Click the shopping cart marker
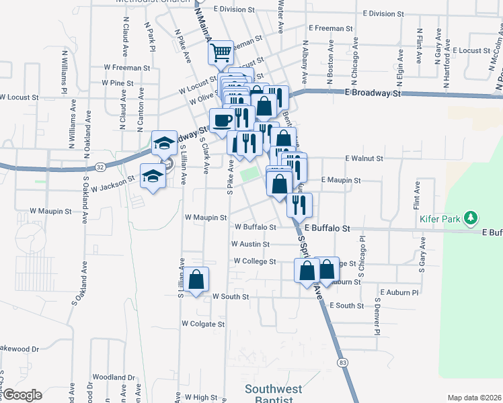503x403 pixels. [221, 52]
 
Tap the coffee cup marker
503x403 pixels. [222, 120]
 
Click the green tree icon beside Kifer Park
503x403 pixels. [472, 218]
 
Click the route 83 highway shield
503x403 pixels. [343, 363]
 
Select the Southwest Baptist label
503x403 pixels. [273, 394]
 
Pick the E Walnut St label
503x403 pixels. [364, 159]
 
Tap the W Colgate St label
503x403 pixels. [202, 324]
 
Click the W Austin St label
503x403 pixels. [250, 244]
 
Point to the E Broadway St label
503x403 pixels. [373, 93]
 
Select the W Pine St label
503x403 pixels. [118, 83]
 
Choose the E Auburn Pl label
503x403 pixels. [399, 293]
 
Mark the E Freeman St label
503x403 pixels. [330, 28]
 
